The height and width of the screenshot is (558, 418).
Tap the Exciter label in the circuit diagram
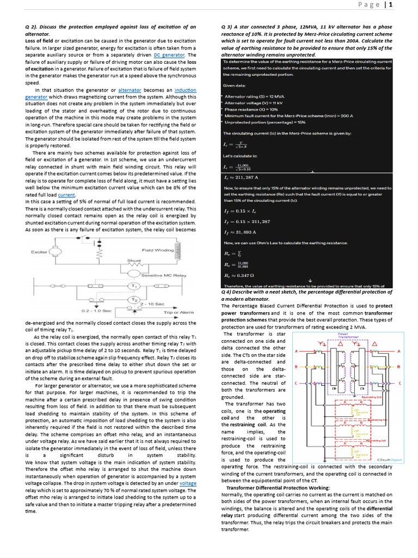(x=39, y=252)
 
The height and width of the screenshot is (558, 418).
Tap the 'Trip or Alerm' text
(x=179, y=312)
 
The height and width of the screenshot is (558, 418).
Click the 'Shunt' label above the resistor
(x=134, y=261)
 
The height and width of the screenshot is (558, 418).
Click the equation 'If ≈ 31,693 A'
(x=241, y=232)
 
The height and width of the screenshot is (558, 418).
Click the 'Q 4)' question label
(x=228, y=292)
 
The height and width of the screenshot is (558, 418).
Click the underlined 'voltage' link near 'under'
(x=188, y=483)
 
